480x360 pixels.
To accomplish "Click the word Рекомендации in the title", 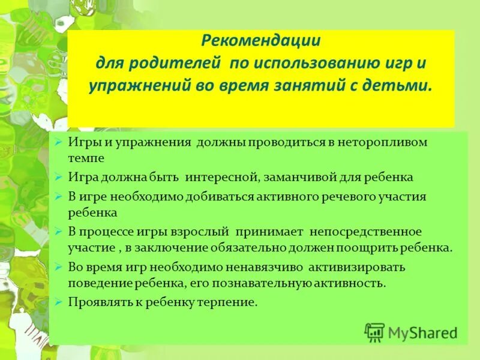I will tap(261, 42).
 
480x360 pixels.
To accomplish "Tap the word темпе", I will tap(86, 159).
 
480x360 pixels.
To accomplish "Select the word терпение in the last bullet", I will tap(230, 302).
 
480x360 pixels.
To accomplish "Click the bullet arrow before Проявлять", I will tap(58, 302).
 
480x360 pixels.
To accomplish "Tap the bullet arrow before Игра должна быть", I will tap(58, 178).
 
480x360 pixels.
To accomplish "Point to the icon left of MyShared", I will tap(374, 332).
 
